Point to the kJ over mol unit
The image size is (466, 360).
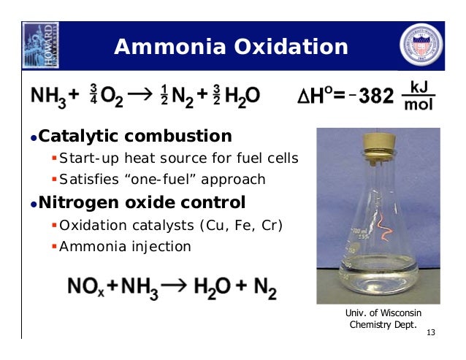click(419, 96)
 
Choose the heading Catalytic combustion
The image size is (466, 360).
click(134, 137)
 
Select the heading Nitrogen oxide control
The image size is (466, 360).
click(142, 202)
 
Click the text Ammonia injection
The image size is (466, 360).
click(125, 247)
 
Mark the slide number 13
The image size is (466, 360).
click(430, 333)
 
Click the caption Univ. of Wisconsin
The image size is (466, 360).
click(383, 313)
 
